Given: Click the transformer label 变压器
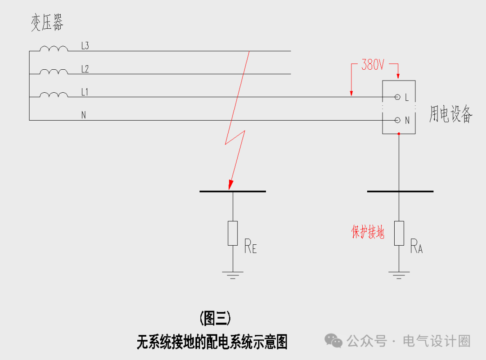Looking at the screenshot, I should (47, 22).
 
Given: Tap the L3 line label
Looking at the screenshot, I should (85, 45).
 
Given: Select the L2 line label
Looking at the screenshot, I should (85, 69).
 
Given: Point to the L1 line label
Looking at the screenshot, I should (85, 92).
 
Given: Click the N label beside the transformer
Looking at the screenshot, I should (84, 115).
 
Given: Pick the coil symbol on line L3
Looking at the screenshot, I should (54, 49).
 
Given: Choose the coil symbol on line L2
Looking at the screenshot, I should (54, 72).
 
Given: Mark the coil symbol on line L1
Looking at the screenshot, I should (54, 94).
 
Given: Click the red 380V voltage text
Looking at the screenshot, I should (373, 65).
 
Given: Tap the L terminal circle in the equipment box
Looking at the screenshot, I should (397, 97).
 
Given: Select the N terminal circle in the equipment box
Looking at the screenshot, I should (397, 120).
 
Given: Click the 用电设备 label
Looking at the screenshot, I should (450, 114).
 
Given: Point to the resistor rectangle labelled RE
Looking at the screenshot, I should (233, 233).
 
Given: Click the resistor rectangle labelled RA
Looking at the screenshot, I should (399, 233).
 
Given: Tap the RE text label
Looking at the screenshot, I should (250, 247).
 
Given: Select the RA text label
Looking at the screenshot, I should (416, 247).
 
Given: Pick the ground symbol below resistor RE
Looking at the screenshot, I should (233, 274).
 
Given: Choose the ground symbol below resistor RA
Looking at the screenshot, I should (399, 274).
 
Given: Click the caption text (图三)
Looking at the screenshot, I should (215, 319).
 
